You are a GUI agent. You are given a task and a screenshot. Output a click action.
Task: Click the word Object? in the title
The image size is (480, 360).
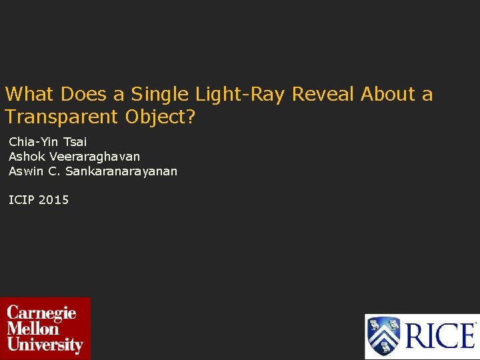click(160, 117)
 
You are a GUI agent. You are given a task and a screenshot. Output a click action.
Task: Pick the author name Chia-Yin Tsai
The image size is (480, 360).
click(48, 141)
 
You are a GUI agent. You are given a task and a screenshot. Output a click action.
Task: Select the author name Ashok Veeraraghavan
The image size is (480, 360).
click(74, 156)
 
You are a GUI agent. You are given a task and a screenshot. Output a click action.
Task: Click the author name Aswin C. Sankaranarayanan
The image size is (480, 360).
click(93, 171)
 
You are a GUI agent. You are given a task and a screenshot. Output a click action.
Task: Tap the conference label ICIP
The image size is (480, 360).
click(22, 199)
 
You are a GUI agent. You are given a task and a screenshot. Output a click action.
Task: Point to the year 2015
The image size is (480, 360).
click(54, 199)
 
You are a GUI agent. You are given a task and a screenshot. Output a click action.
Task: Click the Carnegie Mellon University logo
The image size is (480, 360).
click(45, 328)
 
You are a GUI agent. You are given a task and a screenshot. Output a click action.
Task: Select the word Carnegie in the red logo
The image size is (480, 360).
click(41, 313)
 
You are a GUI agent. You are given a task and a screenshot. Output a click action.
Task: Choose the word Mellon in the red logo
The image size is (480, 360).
click(33, 329)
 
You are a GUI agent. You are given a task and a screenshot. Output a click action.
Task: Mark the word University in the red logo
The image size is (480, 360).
click(45, 345)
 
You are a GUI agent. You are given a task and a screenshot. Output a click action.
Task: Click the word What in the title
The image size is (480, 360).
click(31, 95)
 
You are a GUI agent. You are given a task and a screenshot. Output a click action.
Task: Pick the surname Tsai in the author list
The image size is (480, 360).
click(75, 141)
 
